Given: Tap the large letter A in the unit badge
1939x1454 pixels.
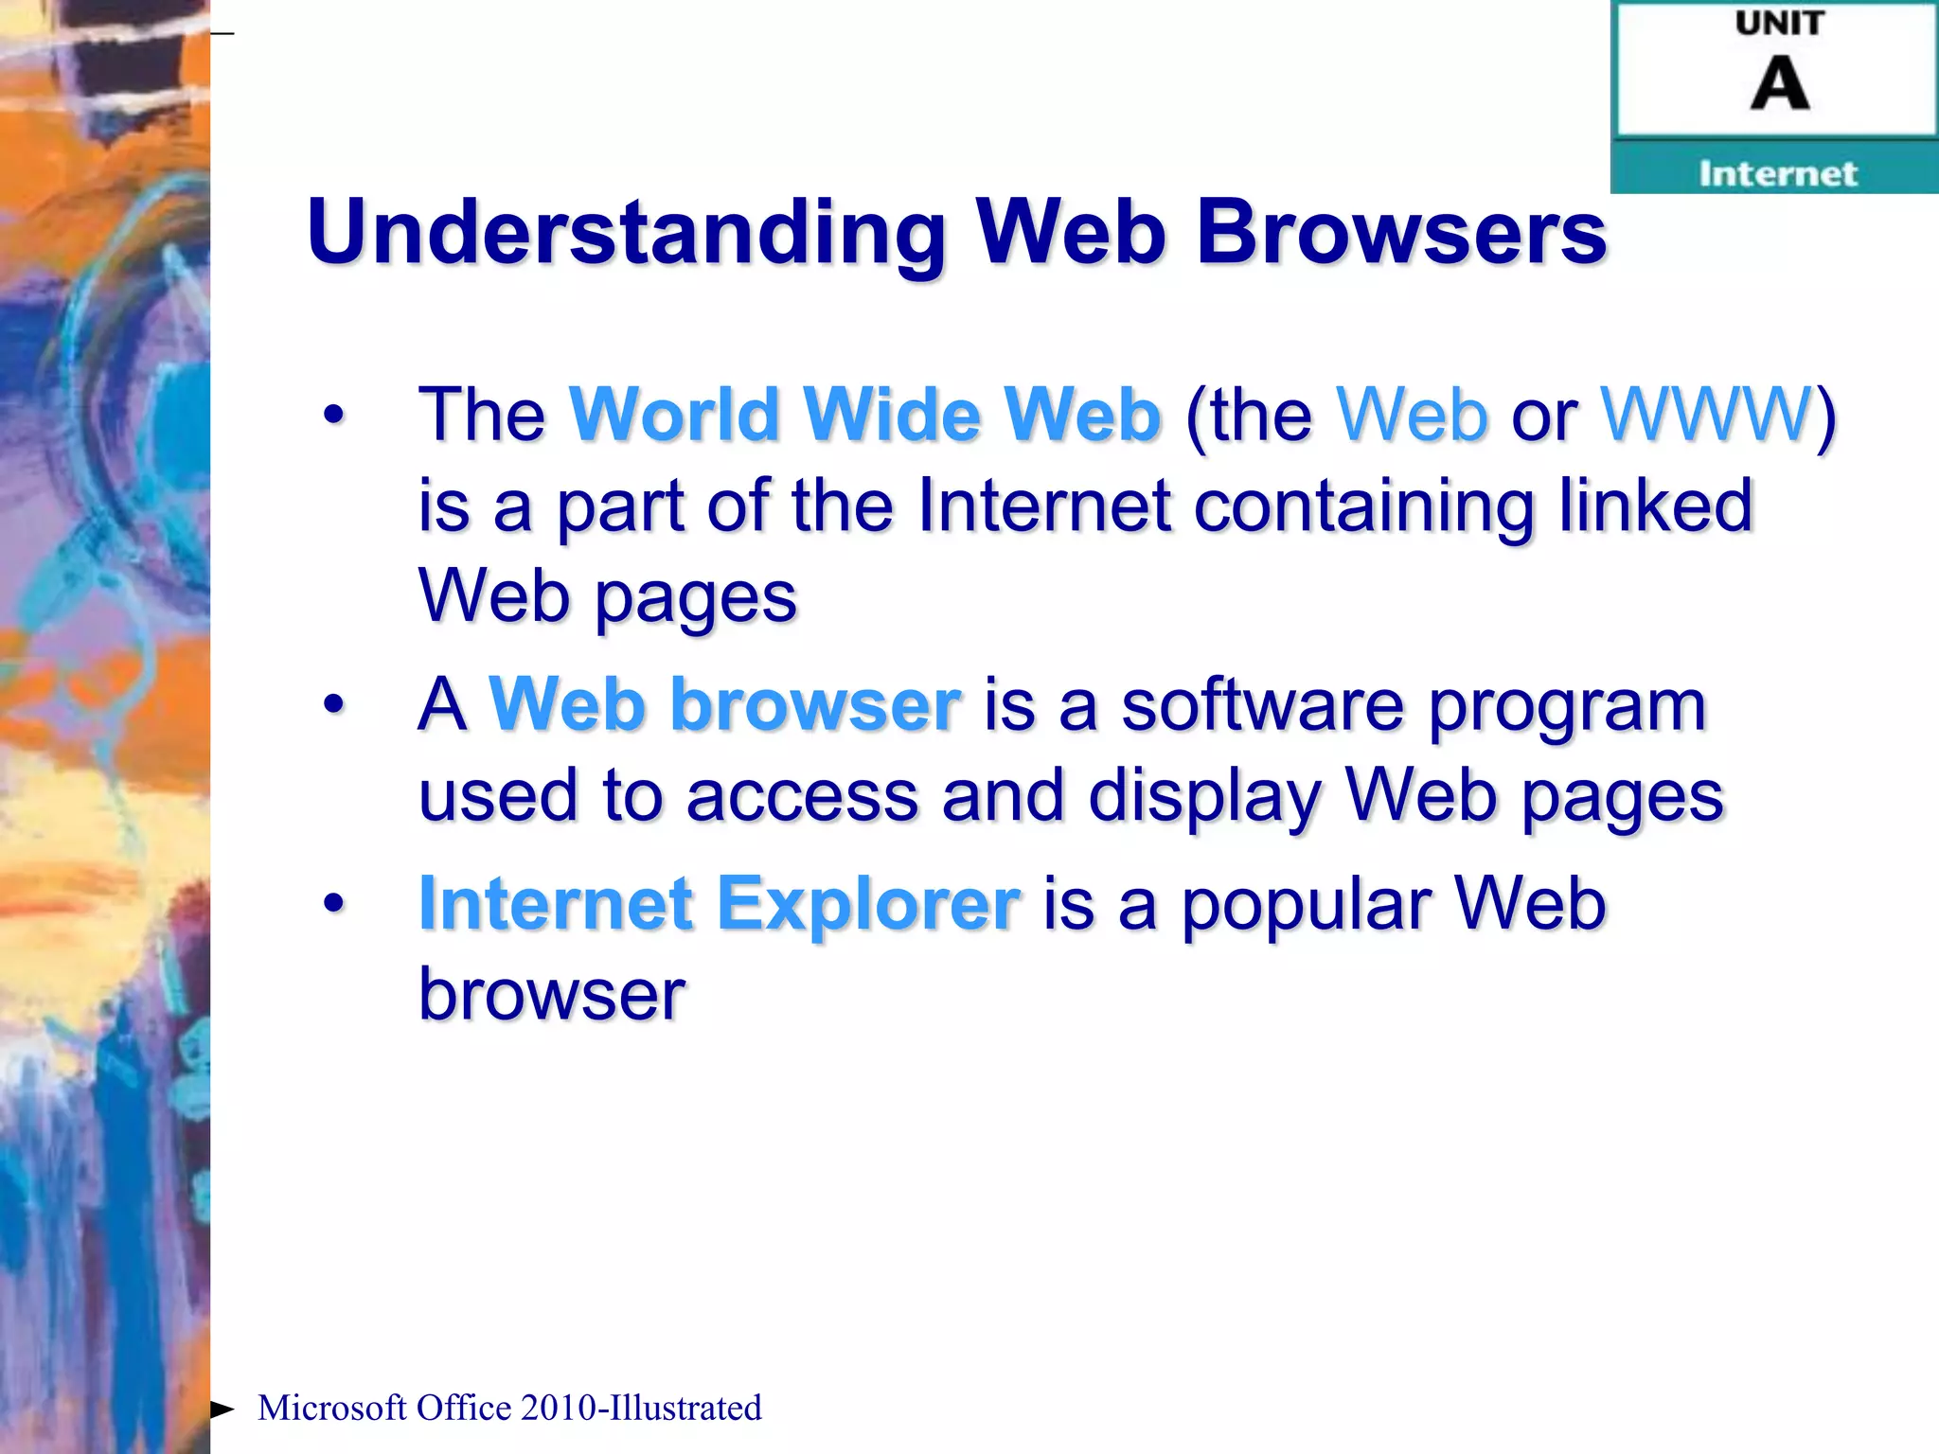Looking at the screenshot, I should tap(1779, 84).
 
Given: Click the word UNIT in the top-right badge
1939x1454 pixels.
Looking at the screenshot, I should tap(1779, 24).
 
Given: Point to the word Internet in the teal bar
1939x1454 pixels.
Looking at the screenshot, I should tap(1777, 173).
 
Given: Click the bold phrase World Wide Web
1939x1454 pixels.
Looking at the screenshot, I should tap(864, 415).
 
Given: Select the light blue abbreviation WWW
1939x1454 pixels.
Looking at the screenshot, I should tap(1705, 415).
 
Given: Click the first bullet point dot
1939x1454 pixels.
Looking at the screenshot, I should tap(333, 415).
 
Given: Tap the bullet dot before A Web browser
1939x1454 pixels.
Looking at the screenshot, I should tap(333, 704).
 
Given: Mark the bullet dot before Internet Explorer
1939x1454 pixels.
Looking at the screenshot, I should tap(333, 903).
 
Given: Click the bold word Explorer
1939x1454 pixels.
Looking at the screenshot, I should tap(868, 903).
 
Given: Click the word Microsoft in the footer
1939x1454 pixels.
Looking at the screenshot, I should tap(331, 1409).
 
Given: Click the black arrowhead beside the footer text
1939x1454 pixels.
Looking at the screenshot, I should tap(222, 1410).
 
